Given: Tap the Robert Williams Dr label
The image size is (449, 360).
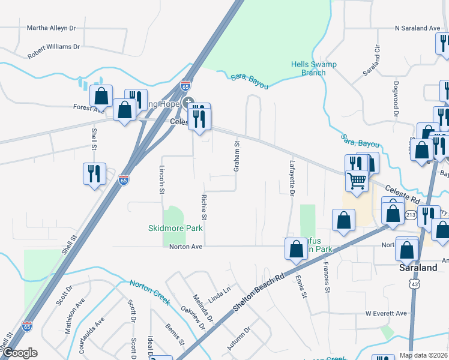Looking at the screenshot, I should (53, 47).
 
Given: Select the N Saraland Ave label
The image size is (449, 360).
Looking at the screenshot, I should (418, 28).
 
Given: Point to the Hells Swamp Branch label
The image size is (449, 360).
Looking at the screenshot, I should (313, 68).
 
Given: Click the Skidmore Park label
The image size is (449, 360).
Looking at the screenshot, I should (175, 229).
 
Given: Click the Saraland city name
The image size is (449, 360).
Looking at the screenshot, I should (419, 268).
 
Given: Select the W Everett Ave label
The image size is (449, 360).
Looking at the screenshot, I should (386, 313).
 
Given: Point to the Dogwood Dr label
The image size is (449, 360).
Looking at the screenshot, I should (396, 98).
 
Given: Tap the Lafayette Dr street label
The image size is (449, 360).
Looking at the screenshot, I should (292, 179).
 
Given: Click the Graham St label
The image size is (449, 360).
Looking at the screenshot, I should (237, 153).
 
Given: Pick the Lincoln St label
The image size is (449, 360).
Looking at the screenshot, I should (161, 180).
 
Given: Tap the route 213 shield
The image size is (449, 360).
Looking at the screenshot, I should (410, 214).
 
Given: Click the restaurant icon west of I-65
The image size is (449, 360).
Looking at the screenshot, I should (95, 173).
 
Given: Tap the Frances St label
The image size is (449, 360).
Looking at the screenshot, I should (327, 277).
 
